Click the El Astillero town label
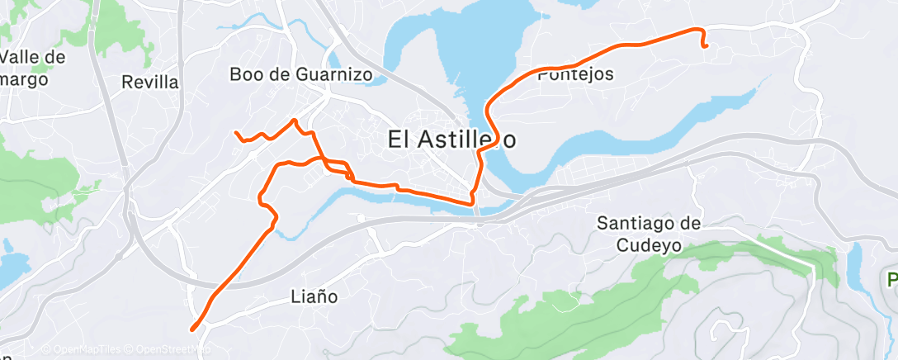451,140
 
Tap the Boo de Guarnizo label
301,74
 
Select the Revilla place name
149,82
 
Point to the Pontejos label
575,74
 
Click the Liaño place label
315,296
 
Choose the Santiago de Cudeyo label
649,234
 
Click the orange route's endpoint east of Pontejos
707,46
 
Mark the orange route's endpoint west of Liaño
192,329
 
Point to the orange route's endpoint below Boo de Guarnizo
236,133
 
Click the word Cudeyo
649,244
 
